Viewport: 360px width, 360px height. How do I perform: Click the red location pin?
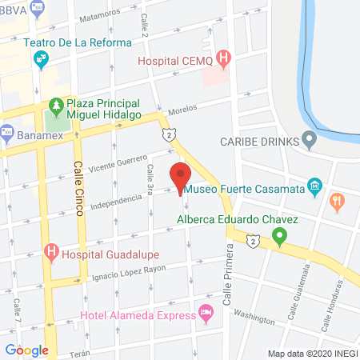(x=180, y=176)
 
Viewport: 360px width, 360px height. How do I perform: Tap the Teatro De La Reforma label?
(x=78, y=42)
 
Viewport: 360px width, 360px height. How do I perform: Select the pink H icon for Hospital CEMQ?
(x=224, y=58)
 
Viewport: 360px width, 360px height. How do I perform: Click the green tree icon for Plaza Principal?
(x=55, y=105)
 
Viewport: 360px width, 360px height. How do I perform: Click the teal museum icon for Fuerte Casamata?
(x=315, y=189)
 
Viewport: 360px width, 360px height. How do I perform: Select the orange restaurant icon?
(x=337, y=202)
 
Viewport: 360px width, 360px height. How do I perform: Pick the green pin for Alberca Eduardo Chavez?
(x=279, y=237)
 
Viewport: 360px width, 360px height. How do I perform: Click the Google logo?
(x=26, y=350)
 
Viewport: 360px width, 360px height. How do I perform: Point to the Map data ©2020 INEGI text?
(x=312, y=354)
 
